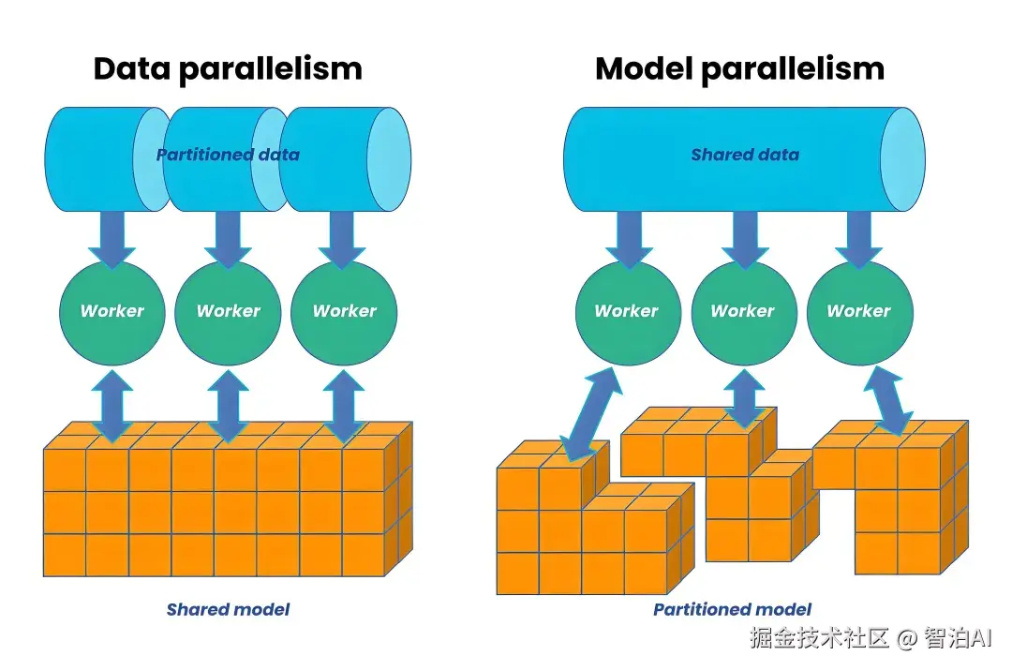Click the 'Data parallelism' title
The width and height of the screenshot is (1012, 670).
228,69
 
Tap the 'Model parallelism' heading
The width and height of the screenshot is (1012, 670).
739,69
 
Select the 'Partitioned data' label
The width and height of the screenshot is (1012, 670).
228,155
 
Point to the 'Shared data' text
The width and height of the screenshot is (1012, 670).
745,155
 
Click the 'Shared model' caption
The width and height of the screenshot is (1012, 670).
228,609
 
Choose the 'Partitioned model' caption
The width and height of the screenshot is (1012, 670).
732,609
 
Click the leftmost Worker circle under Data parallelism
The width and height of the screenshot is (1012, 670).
112,314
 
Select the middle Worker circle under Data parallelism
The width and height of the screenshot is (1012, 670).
228,314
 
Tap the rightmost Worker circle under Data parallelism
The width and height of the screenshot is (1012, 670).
344,314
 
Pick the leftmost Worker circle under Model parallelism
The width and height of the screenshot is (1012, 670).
628,314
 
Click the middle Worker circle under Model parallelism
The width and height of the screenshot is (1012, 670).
744,314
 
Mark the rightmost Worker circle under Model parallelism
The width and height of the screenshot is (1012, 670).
859,314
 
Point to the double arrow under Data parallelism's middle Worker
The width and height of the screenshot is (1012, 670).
228,406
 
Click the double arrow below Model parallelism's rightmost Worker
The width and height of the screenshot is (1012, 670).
888,401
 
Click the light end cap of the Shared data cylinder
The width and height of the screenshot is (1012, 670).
903,159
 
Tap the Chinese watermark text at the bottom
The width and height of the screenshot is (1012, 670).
871,638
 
